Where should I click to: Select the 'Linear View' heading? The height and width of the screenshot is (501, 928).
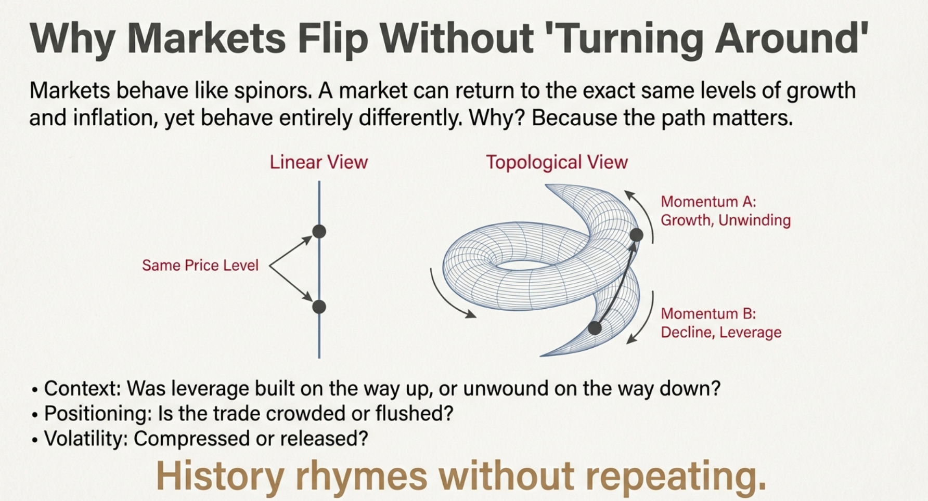(318, 162)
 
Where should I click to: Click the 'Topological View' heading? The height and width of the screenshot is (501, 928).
(557, 162)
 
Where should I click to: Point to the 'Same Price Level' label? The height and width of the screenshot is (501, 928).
(200, 266)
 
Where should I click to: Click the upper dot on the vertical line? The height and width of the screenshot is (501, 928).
(319, 231)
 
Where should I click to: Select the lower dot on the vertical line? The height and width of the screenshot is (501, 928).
(319, 307)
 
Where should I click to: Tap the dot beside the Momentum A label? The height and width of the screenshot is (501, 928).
(636, 235)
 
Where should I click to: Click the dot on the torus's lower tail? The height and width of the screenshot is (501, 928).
(595, 328)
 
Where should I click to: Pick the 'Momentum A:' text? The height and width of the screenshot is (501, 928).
(708, 202)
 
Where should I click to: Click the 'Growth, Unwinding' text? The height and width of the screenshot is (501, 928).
(726, 220)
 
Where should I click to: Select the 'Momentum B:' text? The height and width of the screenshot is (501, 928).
(708, 314)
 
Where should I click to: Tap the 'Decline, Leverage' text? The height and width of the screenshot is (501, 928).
(721, 333)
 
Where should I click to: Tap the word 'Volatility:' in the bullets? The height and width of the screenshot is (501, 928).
(86, 439)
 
